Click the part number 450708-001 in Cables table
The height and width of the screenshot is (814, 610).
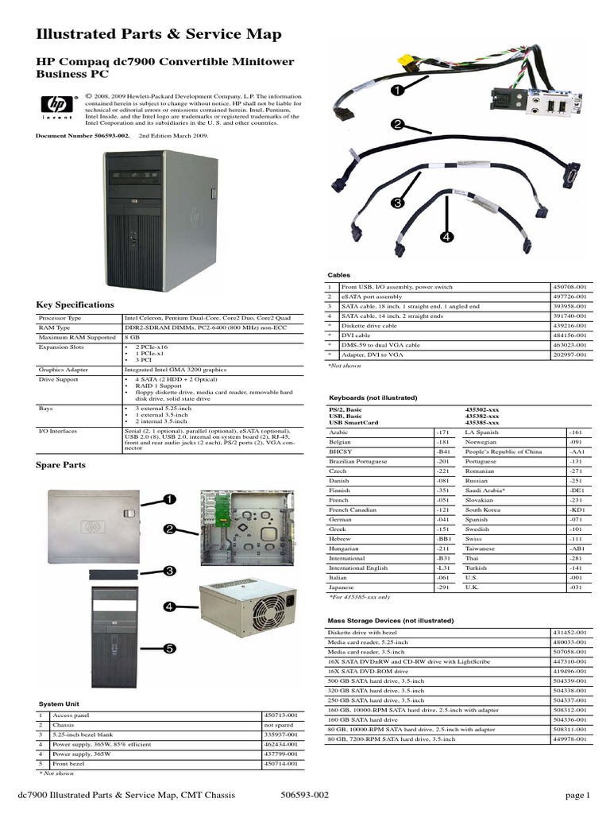pyautogui.click(x=569, y=286)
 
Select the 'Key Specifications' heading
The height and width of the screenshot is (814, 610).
pyautogui.click(x=75, y=304)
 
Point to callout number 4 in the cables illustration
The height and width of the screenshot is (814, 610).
pyautogui.click(x=447, y=237)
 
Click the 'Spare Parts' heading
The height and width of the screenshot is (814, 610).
pyautogui.click(x=61, y=464)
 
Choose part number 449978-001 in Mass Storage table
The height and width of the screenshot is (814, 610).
pyautogui.click(x=569, y=739)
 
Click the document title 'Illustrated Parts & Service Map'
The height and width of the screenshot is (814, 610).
pyautogui.click(x=159, y=34)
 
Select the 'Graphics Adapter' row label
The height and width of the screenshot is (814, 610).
pyautogui.click(x=64, y=370)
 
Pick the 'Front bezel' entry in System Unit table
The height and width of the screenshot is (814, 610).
pyautogui.click(x=71, y=764)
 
